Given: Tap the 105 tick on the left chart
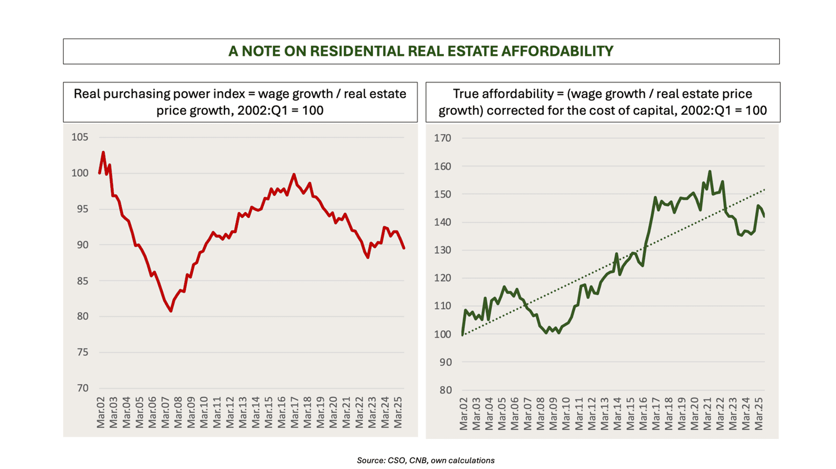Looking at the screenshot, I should pos(80,137).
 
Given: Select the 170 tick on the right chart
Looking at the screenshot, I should pos(442,138).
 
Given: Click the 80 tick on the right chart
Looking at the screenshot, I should pos(445,390).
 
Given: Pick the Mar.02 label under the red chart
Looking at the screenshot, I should pos(101,413).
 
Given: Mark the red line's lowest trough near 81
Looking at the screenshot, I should pos(171,311).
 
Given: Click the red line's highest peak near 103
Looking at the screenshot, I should pos(103,152).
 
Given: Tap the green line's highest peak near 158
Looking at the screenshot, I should pos(709,171).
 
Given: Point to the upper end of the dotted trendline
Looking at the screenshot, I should pos(764,190).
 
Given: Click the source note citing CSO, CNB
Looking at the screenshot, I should pos(425,460).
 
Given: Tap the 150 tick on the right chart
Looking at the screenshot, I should pos(442,194).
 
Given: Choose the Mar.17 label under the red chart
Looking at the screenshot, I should pos(294,413).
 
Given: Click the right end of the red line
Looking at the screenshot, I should pos(404,248).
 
